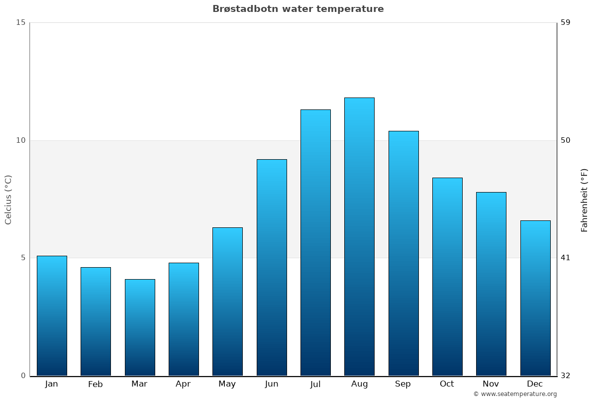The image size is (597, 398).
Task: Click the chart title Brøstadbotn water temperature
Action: (298, 9)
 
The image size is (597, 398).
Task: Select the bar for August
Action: (359, 236)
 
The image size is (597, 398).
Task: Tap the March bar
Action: (140, 327)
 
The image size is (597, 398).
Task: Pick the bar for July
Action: (315, 242)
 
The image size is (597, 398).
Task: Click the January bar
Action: (52, 315)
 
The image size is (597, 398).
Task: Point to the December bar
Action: (535, 298)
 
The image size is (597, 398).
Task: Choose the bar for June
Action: (272, 267)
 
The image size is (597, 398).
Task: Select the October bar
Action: (447, 276)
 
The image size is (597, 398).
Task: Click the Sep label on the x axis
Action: (403, 384)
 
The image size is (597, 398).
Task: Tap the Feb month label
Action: (96, 384)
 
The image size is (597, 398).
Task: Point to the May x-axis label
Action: (227, 384)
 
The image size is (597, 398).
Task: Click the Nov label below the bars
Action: (491, 384)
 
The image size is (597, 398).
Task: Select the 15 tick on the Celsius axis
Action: (20, 22)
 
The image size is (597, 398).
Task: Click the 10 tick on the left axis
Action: (20, 140)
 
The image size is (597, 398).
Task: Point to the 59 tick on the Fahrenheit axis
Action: (566, 22)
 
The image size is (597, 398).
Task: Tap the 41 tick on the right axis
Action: (566, 258)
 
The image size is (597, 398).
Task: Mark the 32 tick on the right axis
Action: (566, 376)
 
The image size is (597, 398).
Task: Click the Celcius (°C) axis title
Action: (8, 199)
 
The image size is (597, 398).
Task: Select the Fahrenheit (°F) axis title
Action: (585, 199)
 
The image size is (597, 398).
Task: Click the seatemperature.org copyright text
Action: (515, 394)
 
